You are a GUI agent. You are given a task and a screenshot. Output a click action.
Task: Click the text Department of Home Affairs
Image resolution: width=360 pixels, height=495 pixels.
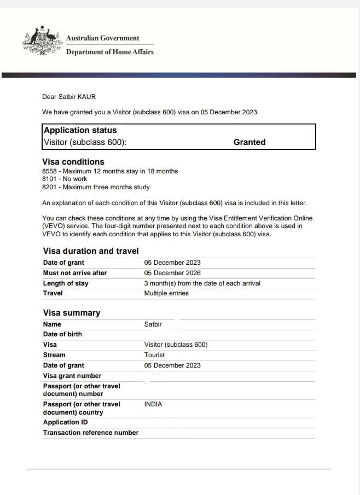pyautogui.click(x=109, y=52)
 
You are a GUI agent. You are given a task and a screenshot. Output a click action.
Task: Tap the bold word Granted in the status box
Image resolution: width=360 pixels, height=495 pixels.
pyautogui.click(x=249, y=142)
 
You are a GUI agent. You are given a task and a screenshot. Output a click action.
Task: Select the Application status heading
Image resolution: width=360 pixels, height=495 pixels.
pyautogui.click(x=80, y=130)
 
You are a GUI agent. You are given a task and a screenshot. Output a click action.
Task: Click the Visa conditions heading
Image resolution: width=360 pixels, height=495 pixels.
pyautogui.click(x=73, y=162)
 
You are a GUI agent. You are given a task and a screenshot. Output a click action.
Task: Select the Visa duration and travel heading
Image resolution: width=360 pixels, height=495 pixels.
pyautogui.click(x=91, y=251)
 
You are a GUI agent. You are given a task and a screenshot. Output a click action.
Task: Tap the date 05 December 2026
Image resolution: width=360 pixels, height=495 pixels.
pyautogui.click(x=172, y=273)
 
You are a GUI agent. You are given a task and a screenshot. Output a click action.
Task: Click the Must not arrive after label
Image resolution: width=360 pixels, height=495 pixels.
pyautogui.click(x=75, y=273)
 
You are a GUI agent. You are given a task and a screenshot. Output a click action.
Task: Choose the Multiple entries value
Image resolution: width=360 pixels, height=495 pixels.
pyautogui.click(x=166, y=293)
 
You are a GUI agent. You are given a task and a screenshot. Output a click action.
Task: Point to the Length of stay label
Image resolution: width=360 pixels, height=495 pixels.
pyautogui.click(x=66, y=283)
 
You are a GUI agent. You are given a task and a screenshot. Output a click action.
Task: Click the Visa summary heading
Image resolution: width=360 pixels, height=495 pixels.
pyautogui.click(x=72, y=313)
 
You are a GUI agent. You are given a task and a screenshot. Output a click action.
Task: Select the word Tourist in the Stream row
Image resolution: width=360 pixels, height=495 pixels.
pyautogui.click(x=154, y=355)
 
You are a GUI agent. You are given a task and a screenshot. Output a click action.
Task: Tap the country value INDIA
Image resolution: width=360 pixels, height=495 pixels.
pyautogui.click(x=153, y=404)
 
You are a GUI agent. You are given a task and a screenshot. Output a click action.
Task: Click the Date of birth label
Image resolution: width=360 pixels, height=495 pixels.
pyautogui.click(x=62, y=334)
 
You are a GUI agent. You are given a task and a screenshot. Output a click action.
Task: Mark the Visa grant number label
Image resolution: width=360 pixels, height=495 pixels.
pyautogui.click(x=72, y=376)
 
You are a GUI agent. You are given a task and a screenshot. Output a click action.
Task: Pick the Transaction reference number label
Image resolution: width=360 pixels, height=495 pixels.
pyautogui.click(x=91, y=433)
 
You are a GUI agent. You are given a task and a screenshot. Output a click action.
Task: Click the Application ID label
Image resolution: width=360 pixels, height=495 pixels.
pyautogui.click(x=65, y=422)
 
